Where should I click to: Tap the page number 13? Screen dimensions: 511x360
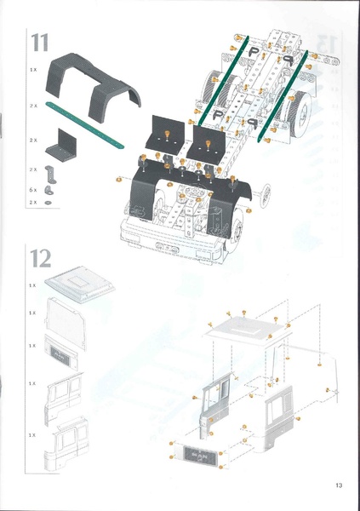(x=338, y=485)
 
